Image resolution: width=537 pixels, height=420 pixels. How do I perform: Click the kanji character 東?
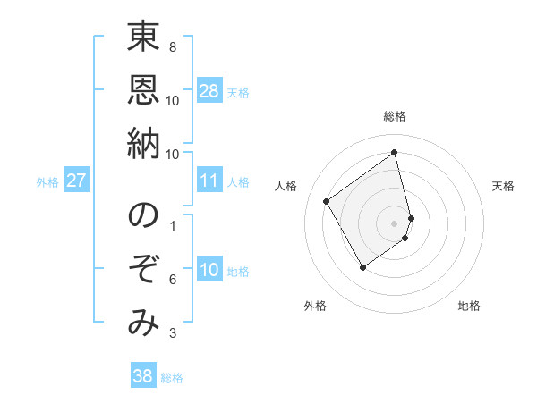(x=143, y=39)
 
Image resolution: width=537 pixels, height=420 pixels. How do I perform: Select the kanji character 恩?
(x=143, y=89)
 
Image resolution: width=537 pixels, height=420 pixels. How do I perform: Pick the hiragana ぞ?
(x=143, y=270)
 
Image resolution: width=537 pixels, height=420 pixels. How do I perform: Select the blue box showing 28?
(x=209, y=91)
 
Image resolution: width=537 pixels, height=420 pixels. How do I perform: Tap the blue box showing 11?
(x=209, y=181)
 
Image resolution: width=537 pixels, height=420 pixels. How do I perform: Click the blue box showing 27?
(x=77, y=181)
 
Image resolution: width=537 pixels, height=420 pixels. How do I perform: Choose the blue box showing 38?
(x=143, y=376)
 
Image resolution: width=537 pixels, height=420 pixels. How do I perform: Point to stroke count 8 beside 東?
(x=172, y=46)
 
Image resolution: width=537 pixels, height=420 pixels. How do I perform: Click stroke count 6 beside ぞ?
(x=172, y=280)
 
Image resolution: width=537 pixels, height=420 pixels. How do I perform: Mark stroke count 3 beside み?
(x=172, y=333)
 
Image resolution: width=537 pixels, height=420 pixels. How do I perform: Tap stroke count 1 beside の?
(x=172, y=225)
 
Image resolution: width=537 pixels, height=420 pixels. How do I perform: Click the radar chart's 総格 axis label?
(x=395, y=116)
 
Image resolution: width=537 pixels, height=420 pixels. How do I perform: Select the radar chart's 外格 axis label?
(x=315, y=306)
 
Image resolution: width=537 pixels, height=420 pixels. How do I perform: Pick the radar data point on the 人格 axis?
(x=327, y=201)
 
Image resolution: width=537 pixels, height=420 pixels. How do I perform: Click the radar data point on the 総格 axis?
(x=395, y=153)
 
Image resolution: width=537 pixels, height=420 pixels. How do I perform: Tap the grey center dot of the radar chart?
(x=395, y=222)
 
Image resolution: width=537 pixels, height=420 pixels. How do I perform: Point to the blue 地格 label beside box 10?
(x=239, y=272)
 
